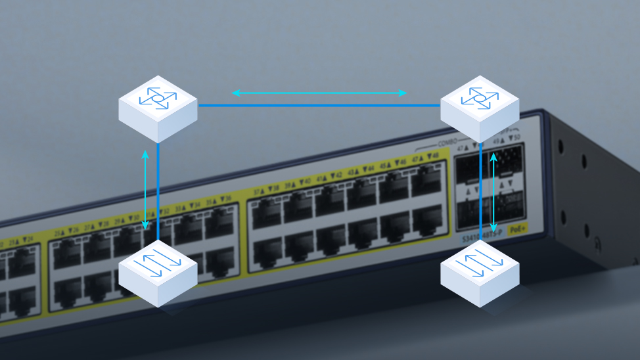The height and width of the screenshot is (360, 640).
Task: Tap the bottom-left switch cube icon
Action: (x=158, y=273)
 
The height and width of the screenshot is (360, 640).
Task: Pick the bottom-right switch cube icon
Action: (x=479, y=273)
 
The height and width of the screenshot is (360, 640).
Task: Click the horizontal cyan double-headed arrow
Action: (x=319, y=93)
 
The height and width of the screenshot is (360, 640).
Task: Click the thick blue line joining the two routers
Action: (x=319, y=105)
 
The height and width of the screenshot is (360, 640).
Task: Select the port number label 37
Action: (x=258, y=192)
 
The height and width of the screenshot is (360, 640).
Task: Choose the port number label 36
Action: (x=227, y=198)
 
